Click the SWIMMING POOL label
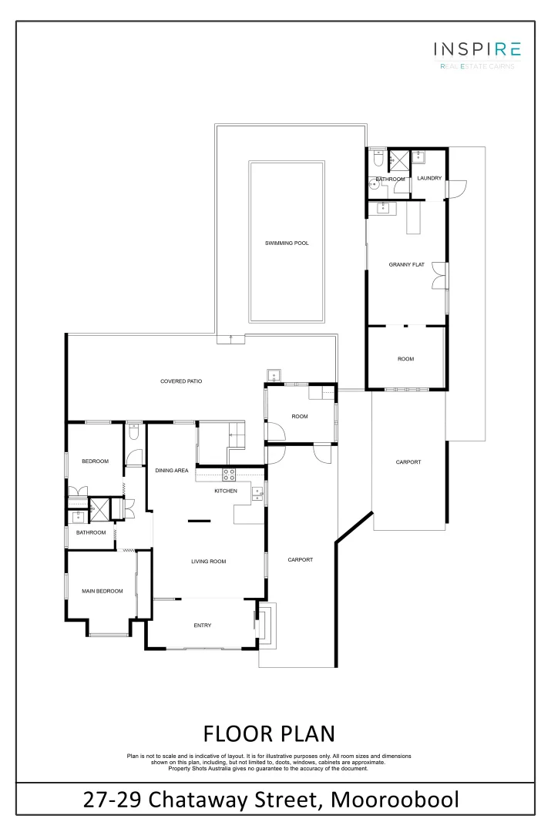[287, 243]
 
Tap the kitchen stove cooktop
[229, 475]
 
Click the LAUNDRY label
[429, 179]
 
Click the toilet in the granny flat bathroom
[378, 157]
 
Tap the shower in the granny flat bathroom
[400, 160]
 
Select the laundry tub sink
[418, 157]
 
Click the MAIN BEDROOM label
[102, 591]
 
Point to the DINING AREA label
[172, 470]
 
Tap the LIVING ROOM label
[208, 562]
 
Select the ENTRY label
[202, 626]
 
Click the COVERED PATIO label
[181, 381]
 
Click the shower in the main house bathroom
[98, 509]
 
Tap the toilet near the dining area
[133, 434]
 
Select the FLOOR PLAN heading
[269, 732]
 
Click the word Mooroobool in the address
[395, 800]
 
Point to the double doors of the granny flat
[440, 275]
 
